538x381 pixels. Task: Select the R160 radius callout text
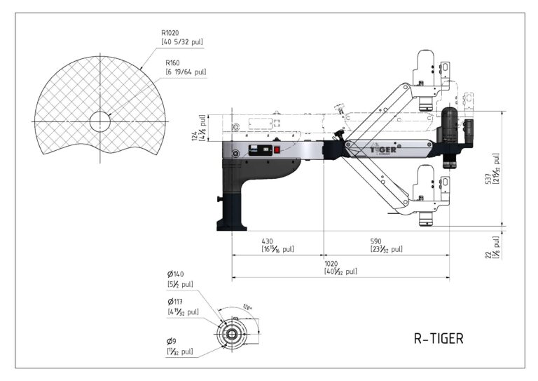point(173,62)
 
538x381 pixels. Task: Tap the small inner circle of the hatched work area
point(100,121)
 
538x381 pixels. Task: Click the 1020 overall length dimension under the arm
point(332,263)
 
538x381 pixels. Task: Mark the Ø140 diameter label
point(175,274)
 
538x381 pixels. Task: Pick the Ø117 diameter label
point(175,302)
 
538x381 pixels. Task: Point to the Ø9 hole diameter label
point(172,340)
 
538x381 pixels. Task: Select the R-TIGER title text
point(438,338)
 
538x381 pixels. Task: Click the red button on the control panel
point(277,149)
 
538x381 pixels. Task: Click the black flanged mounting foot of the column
point(232,223)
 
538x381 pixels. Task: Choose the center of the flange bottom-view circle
point(230,334)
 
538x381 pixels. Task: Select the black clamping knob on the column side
point(223,201)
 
